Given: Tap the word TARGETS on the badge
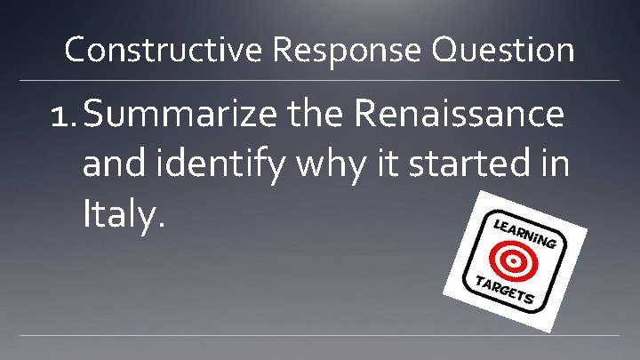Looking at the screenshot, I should click(503, 291).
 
